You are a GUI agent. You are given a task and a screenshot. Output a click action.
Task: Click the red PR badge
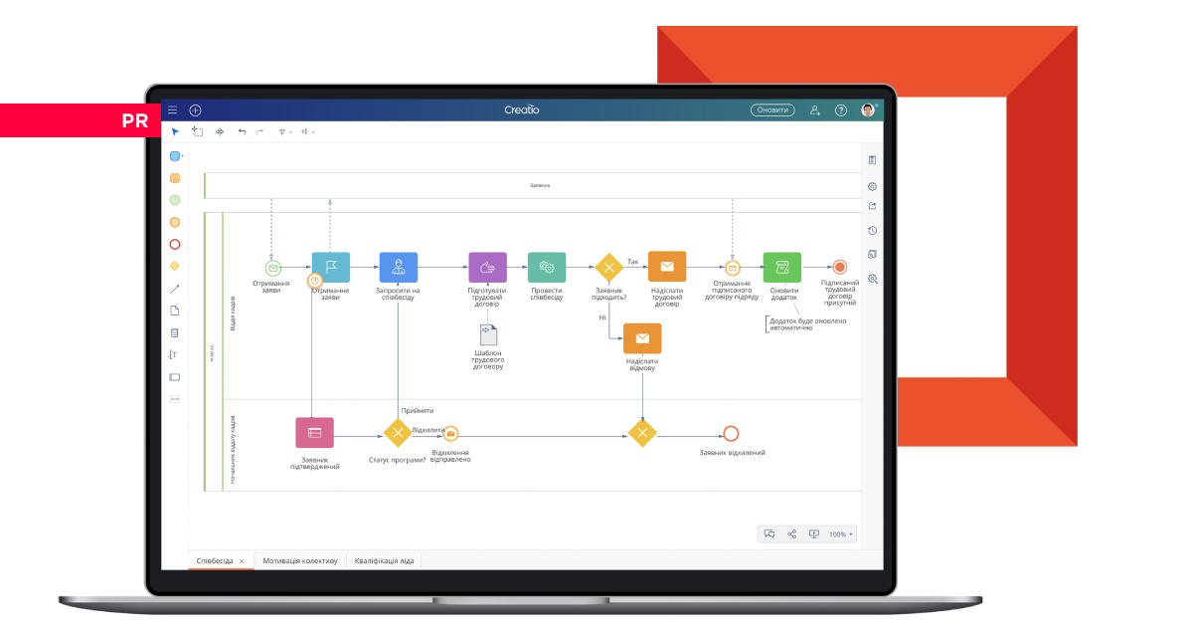pos(134,120)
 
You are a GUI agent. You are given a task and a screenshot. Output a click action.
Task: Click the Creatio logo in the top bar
pos(521,110)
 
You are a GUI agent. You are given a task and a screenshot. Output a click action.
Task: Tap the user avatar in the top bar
pos(868,110)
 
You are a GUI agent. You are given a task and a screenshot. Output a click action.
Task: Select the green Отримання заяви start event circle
pos(272,268)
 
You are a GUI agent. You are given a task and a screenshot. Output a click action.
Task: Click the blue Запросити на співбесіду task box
pos(398,267)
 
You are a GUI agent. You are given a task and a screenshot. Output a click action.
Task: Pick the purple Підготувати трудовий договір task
pos(487,267)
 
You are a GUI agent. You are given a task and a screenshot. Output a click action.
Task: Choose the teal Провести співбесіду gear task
pos(547,267)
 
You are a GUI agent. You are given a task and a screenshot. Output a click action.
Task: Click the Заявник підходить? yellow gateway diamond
pos(608,267)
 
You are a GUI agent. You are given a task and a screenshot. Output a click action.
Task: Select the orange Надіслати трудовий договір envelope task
pos(667,267)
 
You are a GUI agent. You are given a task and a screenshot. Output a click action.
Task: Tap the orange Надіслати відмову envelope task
pos(642,338)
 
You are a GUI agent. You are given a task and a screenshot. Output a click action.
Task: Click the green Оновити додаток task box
pos(782,267)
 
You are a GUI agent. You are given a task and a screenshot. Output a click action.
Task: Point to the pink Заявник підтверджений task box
pos(314,433)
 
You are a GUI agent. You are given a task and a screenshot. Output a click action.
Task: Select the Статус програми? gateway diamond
pos(398,433)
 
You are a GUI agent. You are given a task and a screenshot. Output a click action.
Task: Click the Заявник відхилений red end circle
pos(731,433)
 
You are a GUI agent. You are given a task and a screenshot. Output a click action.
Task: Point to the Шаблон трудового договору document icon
pos(487,335)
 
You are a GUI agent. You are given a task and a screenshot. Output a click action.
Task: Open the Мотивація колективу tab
pos(300,560)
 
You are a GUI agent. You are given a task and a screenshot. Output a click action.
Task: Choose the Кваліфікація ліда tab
pos(385,560)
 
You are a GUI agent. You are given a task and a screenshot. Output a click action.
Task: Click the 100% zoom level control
pos(840,534)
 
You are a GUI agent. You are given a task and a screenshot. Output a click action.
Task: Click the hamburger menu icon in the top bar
pos(172,110)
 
